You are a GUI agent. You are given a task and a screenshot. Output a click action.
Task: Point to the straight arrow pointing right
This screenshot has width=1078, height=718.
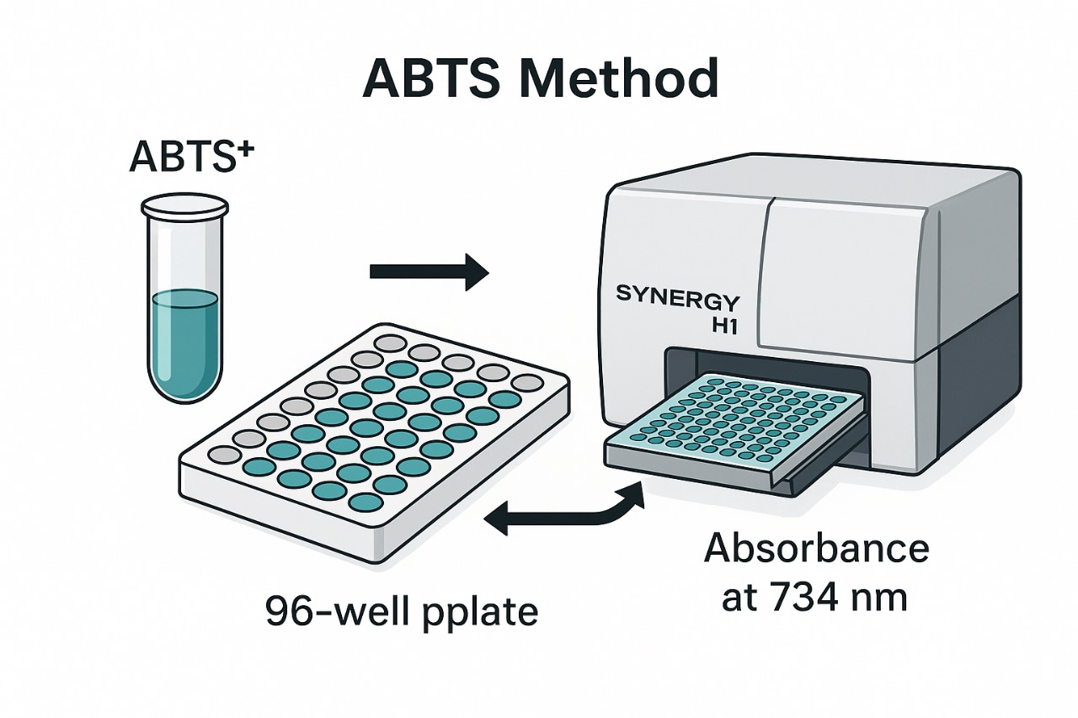429,271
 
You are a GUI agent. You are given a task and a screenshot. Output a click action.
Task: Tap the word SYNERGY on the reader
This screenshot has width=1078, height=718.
678,297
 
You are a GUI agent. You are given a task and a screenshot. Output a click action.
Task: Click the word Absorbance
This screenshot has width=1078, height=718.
816,549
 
